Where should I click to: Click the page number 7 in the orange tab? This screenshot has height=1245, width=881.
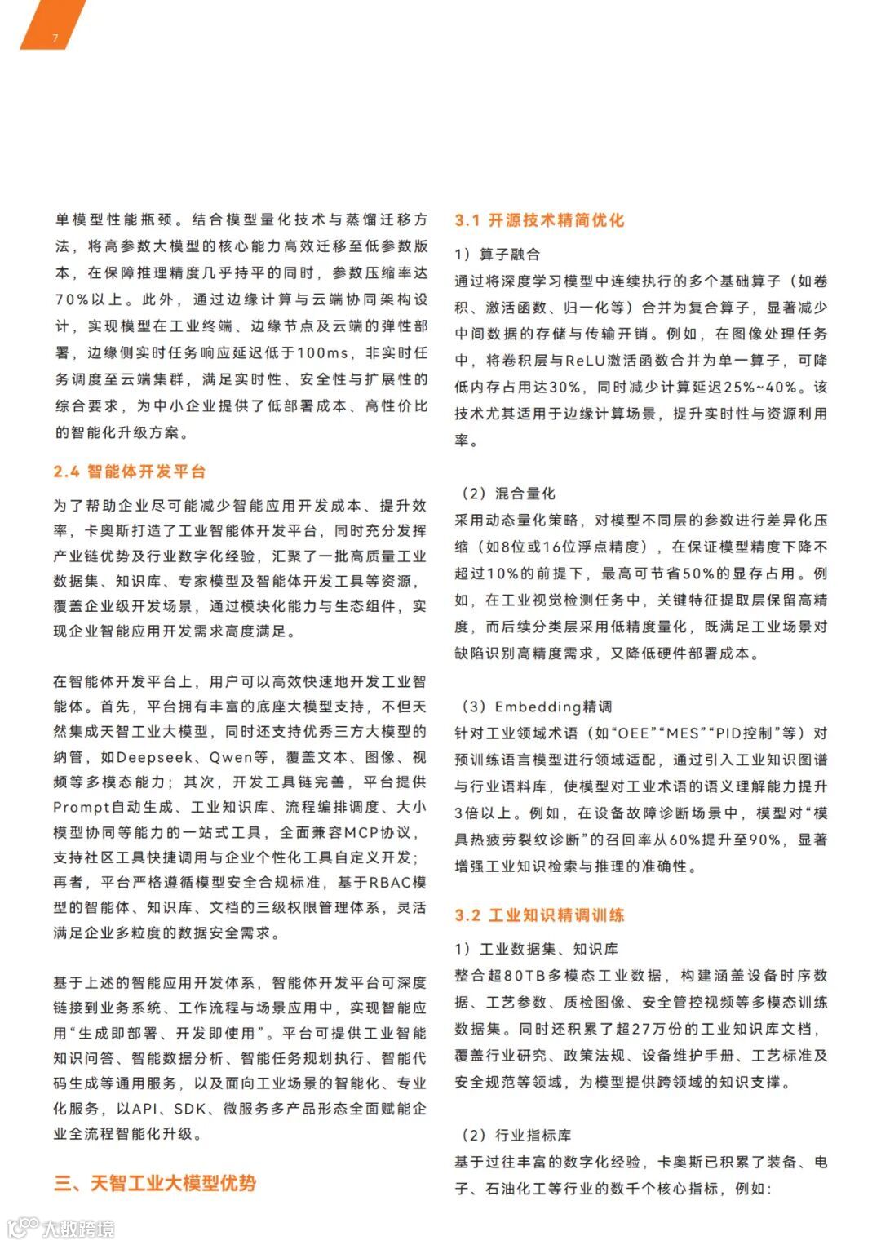[55, 38]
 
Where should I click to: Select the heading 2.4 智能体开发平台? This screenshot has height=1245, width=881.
[130, 472]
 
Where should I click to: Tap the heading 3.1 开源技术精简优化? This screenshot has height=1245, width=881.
[539, 220]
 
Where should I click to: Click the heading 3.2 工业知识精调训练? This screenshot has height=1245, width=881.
[539, 915]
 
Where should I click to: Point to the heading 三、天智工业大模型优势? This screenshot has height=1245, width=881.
[155, 1182]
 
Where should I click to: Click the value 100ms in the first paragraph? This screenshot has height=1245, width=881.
[322, 353]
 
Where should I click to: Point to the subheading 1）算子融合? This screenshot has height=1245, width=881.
[498, 255]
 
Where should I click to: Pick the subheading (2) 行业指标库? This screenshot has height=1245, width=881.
[512, 1136]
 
